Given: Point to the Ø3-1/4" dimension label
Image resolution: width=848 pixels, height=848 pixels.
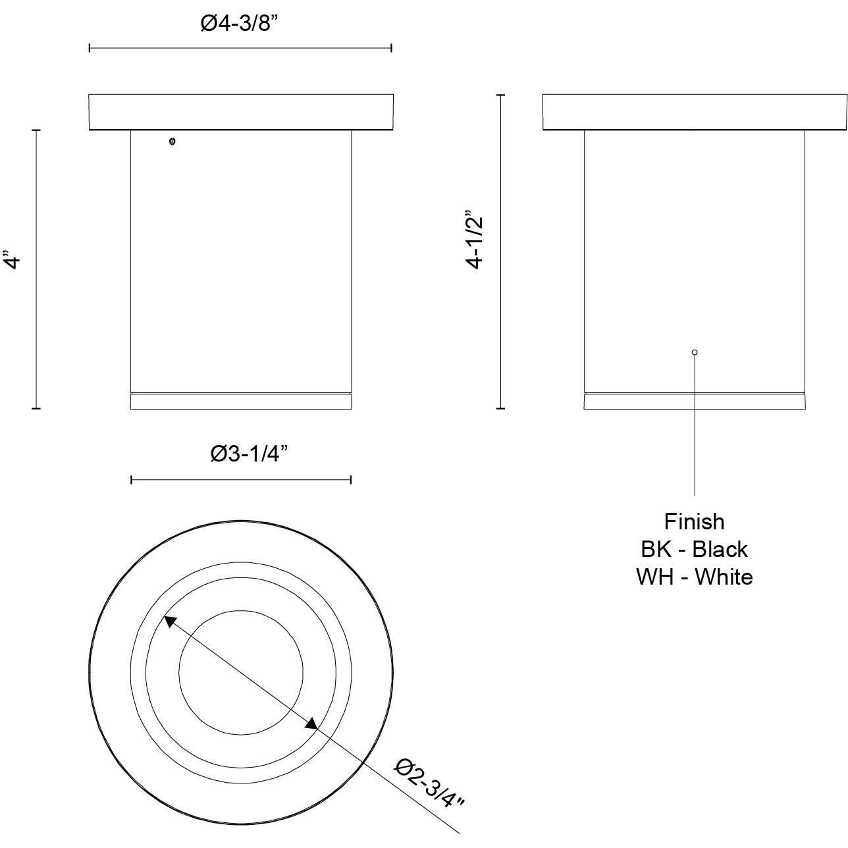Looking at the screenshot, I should (250, 454).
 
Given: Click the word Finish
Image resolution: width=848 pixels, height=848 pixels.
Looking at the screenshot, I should (694, 521).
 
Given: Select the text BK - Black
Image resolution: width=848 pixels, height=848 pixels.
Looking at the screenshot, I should (694, 549).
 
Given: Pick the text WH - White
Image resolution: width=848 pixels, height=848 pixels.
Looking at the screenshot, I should (694, 577).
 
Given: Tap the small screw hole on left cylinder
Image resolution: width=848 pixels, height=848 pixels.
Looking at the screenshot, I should (172, 141).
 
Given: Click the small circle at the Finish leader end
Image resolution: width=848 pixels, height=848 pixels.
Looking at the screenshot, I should (695, 352).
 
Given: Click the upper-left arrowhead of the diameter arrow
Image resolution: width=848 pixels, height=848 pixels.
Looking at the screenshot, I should (170, 621).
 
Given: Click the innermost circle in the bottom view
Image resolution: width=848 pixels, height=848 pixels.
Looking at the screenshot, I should (242, 672).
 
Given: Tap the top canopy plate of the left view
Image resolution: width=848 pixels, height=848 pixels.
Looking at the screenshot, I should (241, 112).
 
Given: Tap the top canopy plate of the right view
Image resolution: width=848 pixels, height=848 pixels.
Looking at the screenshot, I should (695, 112).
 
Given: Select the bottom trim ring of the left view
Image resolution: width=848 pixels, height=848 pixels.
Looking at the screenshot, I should (241, 402).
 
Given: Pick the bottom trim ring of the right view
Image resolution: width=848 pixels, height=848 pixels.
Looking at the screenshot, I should (695, 402).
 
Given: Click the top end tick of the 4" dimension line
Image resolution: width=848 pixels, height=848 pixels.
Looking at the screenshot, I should (36, 130).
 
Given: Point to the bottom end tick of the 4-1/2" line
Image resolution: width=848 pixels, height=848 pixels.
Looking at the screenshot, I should (501, 408).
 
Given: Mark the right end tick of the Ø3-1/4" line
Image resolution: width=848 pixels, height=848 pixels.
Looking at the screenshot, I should (351, 480).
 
